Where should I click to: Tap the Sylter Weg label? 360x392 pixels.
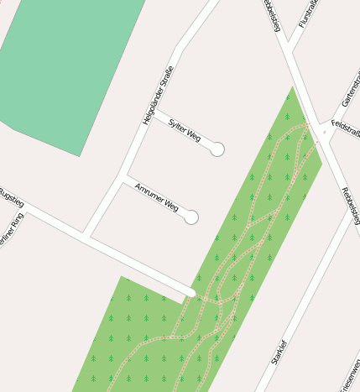point(185,130)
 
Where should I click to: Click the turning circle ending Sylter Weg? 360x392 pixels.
point(217,149)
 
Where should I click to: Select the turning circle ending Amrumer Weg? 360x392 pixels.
point(191,217)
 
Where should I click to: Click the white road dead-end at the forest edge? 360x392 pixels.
point(192,292)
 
